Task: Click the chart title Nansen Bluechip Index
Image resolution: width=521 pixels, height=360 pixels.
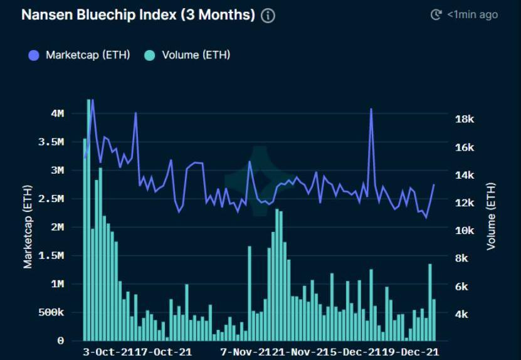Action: point(138,15)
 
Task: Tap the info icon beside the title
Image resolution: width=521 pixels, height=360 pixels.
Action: point(268,16)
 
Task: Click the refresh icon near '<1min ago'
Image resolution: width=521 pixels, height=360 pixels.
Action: point(436,14)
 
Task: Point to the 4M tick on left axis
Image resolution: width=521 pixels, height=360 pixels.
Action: point(58,114)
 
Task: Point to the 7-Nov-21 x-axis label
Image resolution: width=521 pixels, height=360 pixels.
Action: point(245,352)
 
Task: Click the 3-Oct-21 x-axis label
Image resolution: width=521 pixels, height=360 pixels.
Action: point(107,352)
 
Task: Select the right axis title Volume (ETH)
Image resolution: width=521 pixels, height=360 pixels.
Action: point(491,216)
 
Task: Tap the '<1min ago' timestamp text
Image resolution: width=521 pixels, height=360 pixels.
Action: point(472,14)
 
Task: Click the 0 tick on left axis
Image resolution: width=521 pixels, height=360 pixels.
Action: point(60,341)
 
